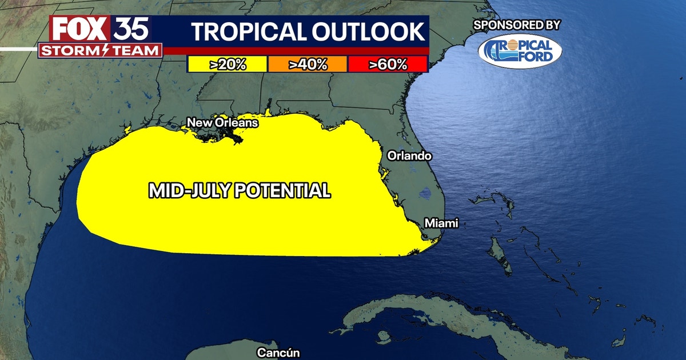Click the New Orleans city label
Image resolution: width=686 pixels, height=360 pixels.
pos(222,122)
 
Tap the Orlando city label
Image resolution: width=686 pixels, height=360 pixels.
pos(409,155)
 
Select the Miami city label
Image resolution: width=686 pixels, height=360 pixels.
pos(441,223)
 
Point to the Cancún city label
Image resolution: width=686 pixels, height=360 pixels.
pos(278,353)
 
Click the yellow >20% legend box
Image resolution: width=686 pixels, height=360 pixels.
pos(228,65)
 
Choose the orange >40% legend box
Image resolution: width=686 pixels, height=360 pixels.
pos(308,65)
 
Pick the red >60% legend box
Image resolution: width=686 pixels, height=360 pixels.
pos(388,65)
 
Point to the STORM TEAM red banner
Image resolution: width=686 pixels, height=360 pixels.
pos(99,50)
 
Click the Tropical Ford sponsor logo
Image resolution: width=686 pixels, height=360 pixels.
pos(520,51)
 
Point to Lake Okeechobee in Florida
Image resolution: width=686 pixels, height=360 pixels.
pos(424,194)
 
